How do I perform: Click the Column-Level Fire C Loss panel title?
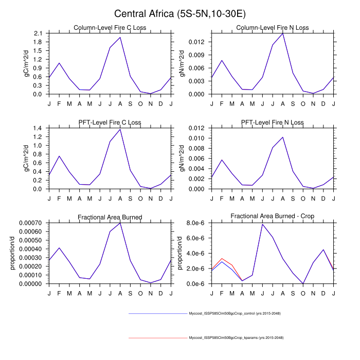click(110, 28)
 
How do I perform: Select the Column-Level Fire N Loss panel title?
click(273, 28)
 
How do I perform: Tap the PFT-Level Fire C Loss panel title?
click(110, 122)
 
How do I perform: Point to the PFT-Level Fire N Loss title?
click(273, 122)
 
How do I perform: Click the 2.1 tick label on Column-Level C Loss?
click(38, 33)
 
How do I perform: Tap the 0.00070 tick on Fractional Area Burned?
click(31, 223)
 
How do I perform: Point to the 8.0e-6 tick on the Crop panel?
click(196, 223)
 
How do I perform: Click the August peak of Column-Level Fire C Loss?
click(120, 37)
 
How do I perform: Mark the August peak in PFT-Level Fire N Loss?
click(283, 137)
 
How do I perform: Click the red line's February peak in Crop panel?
click(222, 259)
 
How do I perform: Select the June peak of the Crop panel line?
click(262, 224)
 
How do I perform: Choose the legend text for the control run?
click(235, 313)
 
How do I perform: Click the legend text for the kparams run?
click(236, 338)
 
